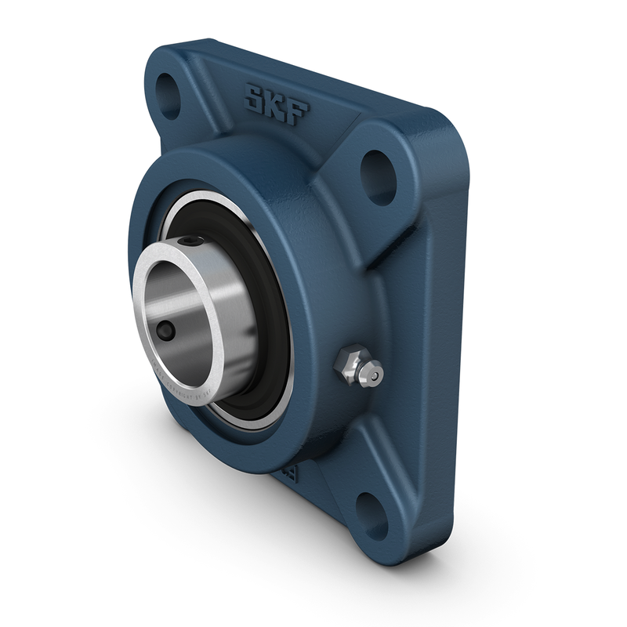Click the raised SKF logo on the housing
pos(276,104)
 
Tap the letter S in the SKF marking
pos(256,99)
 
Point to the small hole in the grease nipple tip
pos(375,377)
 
